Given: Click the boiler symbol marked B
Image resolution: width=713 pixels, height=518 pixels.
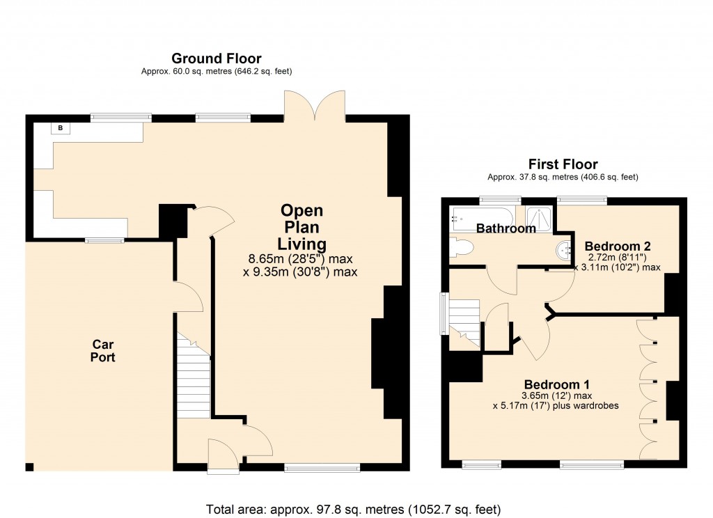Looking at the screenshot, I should point(60,128).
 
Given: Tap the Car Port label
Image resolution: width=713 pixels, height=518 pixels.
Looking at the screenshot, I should point(103,351).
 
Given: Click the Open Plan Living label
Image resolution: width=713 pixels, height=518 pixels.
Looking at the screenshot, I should point(301,227).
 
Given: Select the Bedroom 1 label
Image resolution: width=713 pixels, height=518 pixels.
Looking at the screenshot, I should point(557,384).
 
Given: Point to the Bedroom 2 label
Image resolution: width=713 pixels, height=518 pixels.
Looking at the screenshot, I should point(618,246).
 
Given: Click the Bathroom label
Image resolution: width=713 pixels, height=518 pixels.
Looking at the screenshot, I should point(506,228).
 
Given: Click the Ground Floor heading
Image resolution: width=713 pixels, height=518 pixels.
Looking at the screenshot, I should point(217,58).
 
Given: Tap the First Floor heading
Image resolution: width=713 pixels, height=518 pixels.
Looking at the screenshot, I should point(563,165).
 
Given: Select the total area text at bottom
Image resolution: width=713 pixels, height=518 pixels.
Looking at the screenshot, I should point(354,508).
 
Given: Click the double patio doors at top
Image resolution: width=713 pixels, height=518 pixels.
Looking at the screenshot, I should point(315,106).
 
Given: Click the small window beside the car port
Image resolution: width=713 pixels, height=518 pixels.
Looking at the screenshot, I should point(104,240).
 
